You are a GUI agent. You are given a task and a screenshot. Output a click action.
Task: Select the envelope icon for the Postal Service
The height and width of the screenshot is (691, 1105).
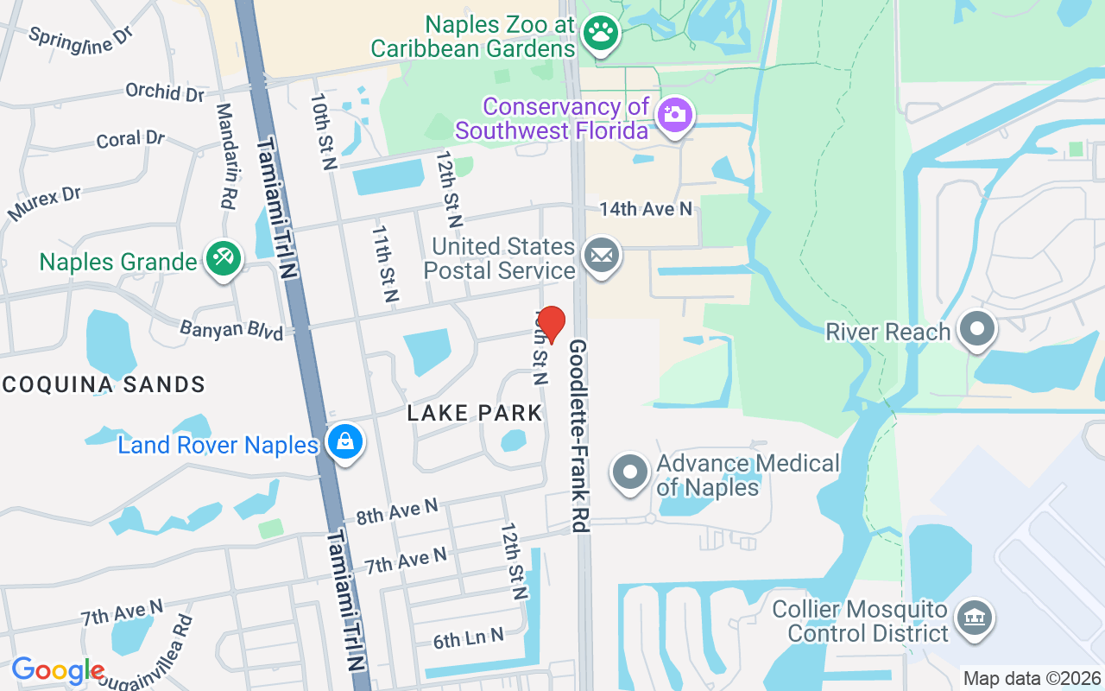pyautogui.click(x=602, y=256)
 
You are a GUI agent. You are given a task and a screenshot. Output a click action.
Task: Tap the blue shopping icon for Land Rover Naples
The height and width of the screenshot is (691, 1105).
pyautogui.click(x=345, y=441)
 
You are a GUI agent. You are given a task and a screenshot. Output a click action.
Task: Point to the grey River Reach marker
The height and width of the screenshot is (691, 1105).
pyautogui.click(x=977, y=329)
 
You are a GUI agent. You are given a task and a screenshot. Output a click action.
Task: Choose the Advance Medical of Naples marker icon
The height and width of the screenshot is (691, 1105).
pyautogui.click(x=630, y=472)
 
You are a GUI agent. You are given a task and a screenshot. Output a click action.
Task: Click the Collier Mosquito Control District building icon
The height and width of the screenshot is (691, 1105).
pyautogui.click(x=975, y=618)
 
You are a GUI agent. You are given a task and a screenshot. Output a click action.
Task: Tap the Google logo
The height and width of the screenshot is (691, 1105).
pyautogui.click(x=58, y=670)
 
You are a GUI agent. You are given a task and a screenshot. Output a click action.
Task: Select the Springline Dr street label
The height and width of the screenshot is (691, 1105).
pyautogui.click(x=81, y=40)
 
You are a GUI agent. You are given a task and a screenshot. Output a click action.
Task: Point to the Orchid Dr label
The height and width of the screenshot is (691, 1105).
pyautogui.click(x=165, y=92)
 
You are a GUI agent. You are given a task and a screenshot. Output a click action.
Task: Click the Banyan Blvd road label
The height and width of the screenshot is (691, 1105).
pyautogui.click(x=231, y=329)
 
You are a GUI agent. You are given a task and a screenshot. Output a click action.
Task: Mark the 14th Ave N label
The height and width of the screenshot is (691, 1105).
pyautogui.click(x=646, y=208)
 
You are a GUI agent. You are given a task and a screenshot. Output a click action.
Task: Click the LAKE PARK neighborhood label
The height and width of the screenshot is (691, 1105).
pyautogui.click(x=475, y=413)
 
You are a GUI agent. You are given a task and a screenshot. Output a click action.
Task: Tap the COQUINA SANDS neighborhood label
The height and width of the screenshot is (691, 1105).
pyautogui.click(x=103, y=384)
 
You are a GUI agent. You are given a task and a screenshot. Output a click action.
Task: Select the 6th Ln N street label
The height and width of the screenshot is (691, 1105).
pyautogui.click(x=468, y=638)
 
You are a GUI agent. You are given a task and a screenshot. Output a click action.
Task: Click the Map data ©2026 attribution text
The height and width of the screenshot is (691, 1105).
pyautogui.click(x=1032, y=678)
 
